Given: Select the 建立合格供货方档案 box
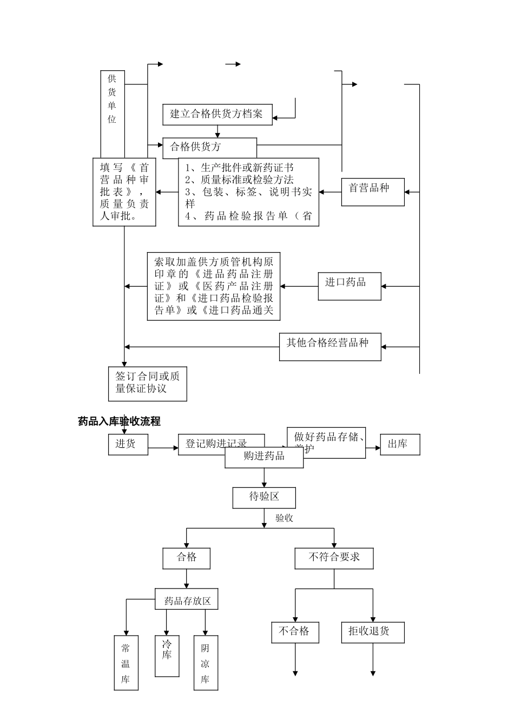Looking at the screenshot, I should coord(218,114).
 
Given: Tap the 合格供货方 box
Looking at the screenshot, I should coord(210,147).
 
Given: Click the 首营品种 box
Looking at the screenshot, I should coord(372,191).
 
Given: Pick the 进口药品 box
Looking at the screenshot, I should coord(349,286).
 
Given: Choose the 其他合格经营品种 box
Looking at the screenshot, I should coord(330,346).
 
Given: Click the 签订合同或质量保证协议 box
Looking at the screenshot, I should coord(147,384).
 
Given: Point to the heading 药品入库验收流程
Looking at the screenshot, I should coord(119,421).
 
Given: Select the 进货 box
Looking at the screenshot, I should coord(128,444).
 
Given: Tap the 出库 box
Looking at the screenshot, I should coord(400,444).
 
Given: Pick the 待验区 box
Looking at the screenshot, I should coord(264,497).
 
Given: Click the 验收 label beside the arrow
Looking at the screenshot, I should coord(285,518).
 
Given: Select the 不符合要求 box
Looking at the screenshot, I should coord(334,558).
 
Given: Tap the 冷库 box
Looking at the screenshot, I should coord(167,656).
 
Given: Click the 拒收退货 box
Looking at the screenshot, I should coord(372,631).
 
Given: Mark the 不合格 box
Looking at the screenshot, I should coord(295,631).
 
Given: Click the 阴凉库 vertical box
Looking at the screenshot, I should coord(206,663).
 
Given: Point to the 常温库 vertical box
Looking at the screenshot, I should coord(126,663).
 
